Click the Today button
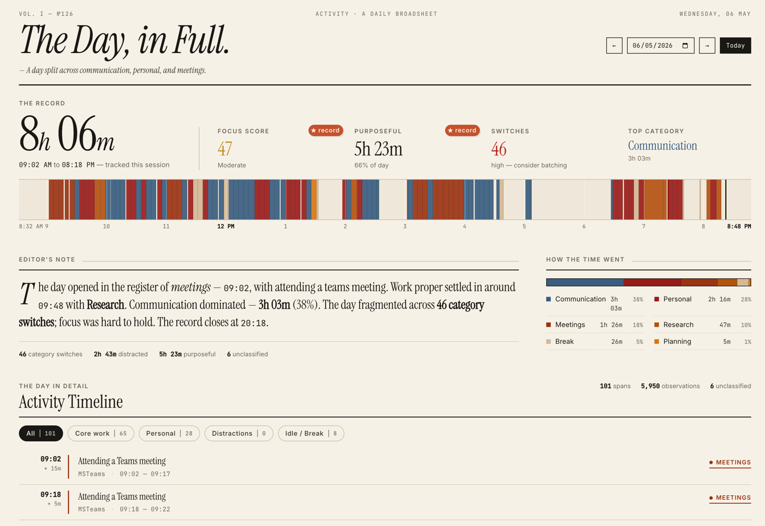[735, 46]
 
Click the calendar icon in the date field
[685, 46]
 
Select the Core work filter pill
[101, 433]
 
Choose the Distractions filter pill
[239, 433]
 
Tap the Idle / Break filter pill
[311, 433]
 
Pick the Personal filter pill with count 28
[169, 433]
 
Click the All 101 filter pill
[41, 433]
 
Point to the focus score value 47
[225, 149]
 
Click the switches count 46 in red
[498, 149]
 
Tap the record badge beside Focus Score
[325, 130]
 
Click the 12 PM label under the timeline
[226, 227]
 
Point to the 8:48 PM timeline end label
[739, 227]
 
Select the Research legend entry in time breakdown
[702, 324]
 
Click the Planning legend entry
[702, 342]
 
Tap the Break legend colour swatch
[549, 342]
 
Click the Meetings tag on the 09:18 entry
[730, 498]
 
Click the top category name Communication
[662, 146]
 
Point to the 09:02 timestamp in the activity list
[51, 459]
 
